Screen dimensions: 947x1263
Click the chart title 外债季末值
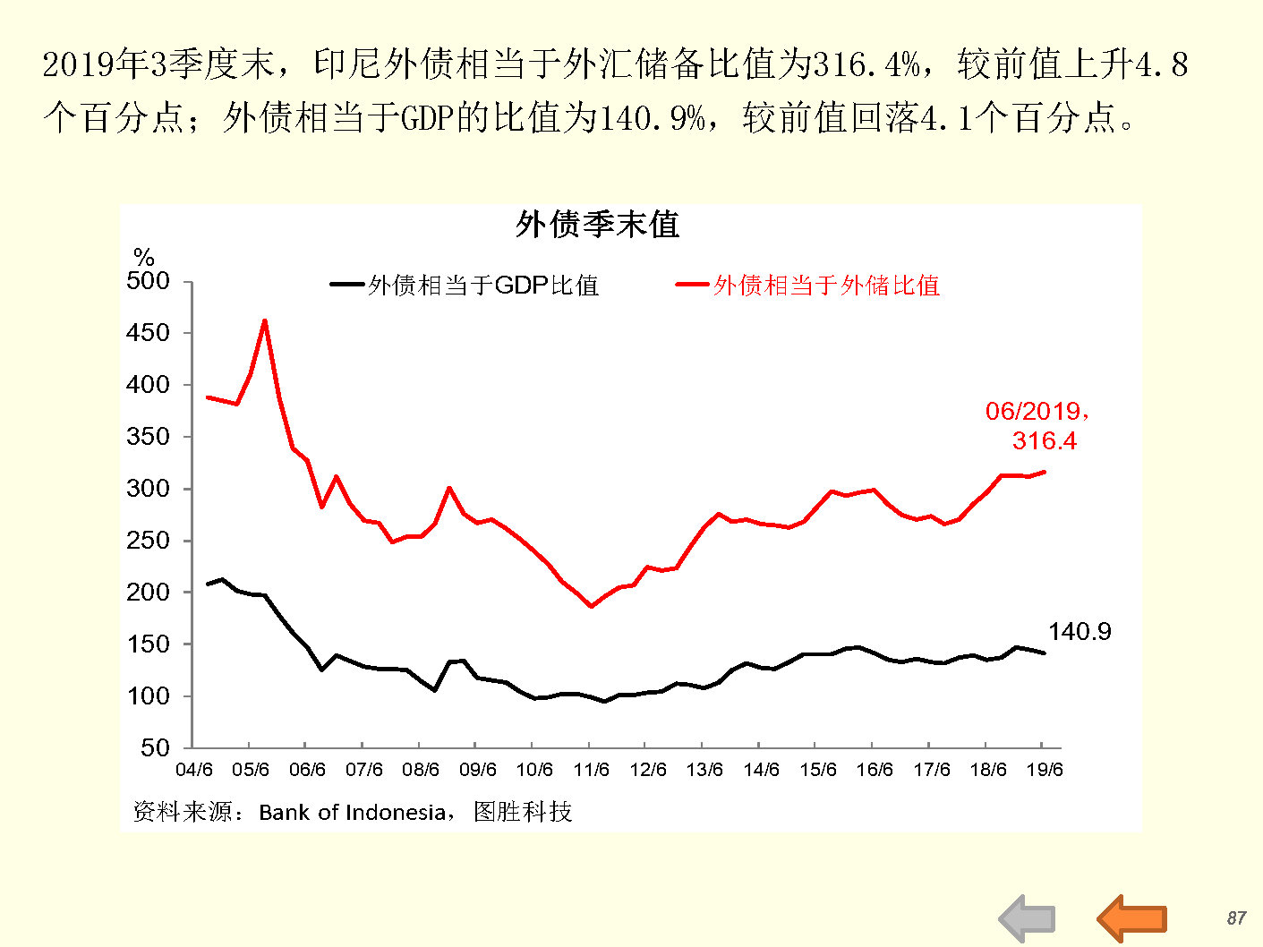coord(597,224)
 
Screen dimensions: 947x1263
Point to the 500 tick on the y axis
coord(149,281)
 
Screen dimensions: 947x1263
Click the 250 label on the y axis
coord(149,541)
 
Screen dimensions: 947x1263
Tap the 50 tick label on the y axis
coord(155,747)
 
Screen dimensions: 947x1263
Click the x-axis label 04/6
coord(194,770)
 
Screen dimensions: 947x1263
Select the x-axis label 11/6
coord(591,770)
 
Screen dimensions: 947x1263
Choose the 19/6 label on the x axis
coord(1044,770)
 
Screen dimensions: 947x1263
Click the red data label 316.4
coord(1045,440)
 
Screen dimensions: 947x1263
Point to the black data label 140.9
coord(1080,632)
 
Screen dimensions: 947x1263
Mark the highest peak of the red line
coord(264,320)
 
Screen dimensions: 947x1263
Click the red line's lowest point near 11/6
coord(591,606)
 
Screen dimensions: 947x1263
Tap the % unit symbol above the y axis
coord(143,257)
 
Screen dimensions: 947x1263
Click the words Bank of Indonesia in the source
coord(352,813)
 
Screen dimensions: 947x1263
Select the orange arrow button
coord(1133,918)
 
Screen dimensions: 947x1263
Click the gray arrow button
coord(1028,919)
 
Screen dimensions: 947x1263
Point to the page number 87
coord(1236,918)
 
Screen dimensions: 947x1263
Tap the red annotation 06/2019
coord(1037,411)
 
